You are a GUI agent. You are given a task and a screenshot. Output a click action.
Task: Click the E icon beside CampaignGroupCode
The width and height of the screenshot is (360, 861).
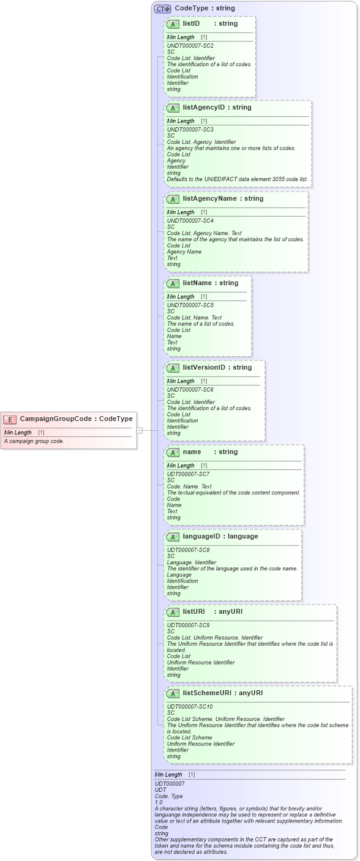[10, 419]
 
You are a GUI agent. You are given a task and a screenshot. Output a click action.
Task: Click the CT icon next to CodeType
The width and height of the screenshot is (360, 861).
[162, 9]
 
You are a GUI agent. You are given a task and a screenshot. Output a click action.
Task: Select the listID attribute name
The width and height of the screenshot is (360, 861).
[191, 24]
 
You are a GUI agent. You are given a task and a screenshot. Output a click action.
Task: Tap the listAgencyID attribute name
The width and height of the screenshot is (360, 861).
[203, 108]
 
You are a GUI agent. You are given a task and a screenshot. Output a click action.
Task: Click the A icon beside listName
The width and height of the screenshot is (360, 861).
[173, 283]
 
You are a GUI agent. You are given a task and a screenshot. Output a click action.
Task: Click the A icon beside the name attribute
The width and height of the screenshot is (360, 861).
[173, 452]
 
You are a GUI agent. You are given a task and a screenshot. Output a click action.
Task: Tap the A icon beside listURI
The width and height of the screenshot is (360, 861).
[173, 612]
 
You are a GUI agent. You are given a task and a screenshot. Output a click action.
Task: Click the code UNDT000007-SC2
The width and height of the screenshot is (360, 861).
[190, 46]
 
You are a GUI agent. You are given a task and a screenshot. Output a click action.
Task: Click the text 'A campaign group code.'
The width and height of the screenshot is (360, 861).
[34, 441]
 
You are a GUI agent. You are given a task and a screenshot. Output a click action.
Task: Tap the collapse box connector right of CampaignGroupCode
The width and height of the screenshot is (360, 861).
[140, 430]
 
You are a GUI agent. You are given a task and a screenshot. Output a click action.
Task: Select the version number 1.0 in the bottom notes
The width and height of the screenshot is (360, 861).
[159, 802]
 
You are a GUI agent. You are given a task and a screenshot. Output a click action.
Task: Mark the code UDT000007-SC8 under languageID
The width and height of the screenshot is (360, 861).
[188, 550]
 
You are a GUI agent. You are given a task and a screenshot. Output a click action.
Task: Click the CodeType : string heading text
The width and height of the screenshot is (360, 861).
[204, 9]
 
